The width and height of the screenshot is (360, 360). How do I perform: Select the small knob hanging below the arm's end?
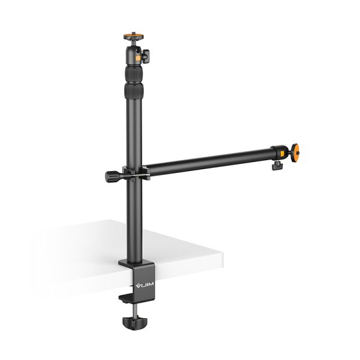click(277, 164)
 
